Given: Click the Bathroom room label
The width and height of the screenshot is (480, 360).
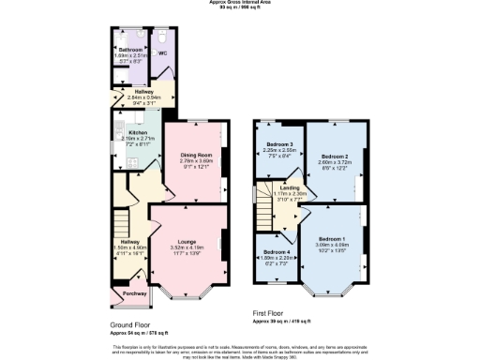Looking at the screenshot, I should [129, 49].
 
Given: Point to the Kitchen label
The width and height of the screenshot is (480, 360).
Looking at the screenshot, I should [138, 133].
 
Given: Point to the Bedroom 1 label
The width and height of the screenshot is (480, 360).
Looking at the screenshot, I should [333, 239].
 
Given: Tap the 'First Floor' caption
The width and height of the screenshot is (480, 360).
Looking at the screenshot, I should [268, 312].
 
